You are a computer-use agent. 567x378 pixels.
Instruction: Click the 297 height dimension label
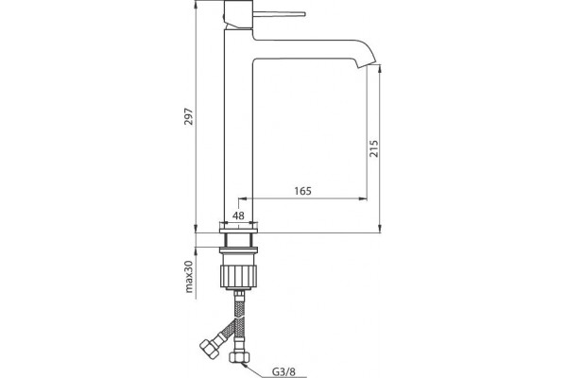point(189,116)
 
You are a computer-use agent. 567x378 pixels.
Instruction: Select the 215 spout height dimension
point(373,148)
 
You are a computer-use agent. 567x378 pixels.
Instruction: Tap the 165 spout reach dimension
point(302,191)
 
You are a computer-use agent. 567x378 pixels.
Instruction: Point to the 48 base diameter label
point(238,215)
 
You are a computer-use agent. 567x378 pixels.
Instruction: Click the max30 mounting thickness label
point(190,276)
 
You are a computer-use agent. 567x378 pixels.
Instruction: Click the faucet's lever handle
point(279,14)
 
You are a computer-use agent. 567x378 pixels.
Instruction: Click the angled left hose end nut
point(209,347)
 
